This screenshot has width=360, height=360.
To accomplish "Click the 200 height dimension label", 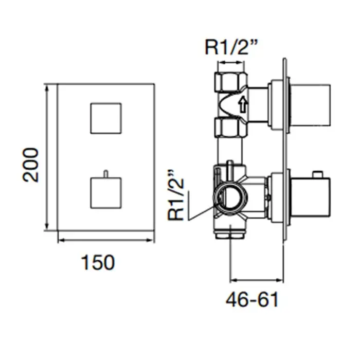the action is click(30, 165).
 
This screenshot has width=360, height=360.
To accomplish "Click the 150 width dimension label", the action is click(98, 262).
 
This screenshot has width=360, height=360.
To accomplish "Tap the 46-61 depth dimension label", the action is click(252, 299).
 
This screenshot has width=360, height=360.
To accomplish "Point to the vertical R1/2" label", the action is click(176, 195).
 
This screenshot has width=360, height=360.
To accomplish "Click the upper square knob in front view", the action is click(106, 118).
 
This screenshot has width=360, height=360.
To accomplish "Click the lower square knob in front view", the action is click(106, 193).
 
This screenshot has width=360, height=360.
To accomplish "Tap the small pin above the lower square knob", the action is click(105, 174).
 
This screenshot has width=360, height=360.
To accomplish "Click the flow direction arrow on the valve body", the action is click(243, 104).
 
